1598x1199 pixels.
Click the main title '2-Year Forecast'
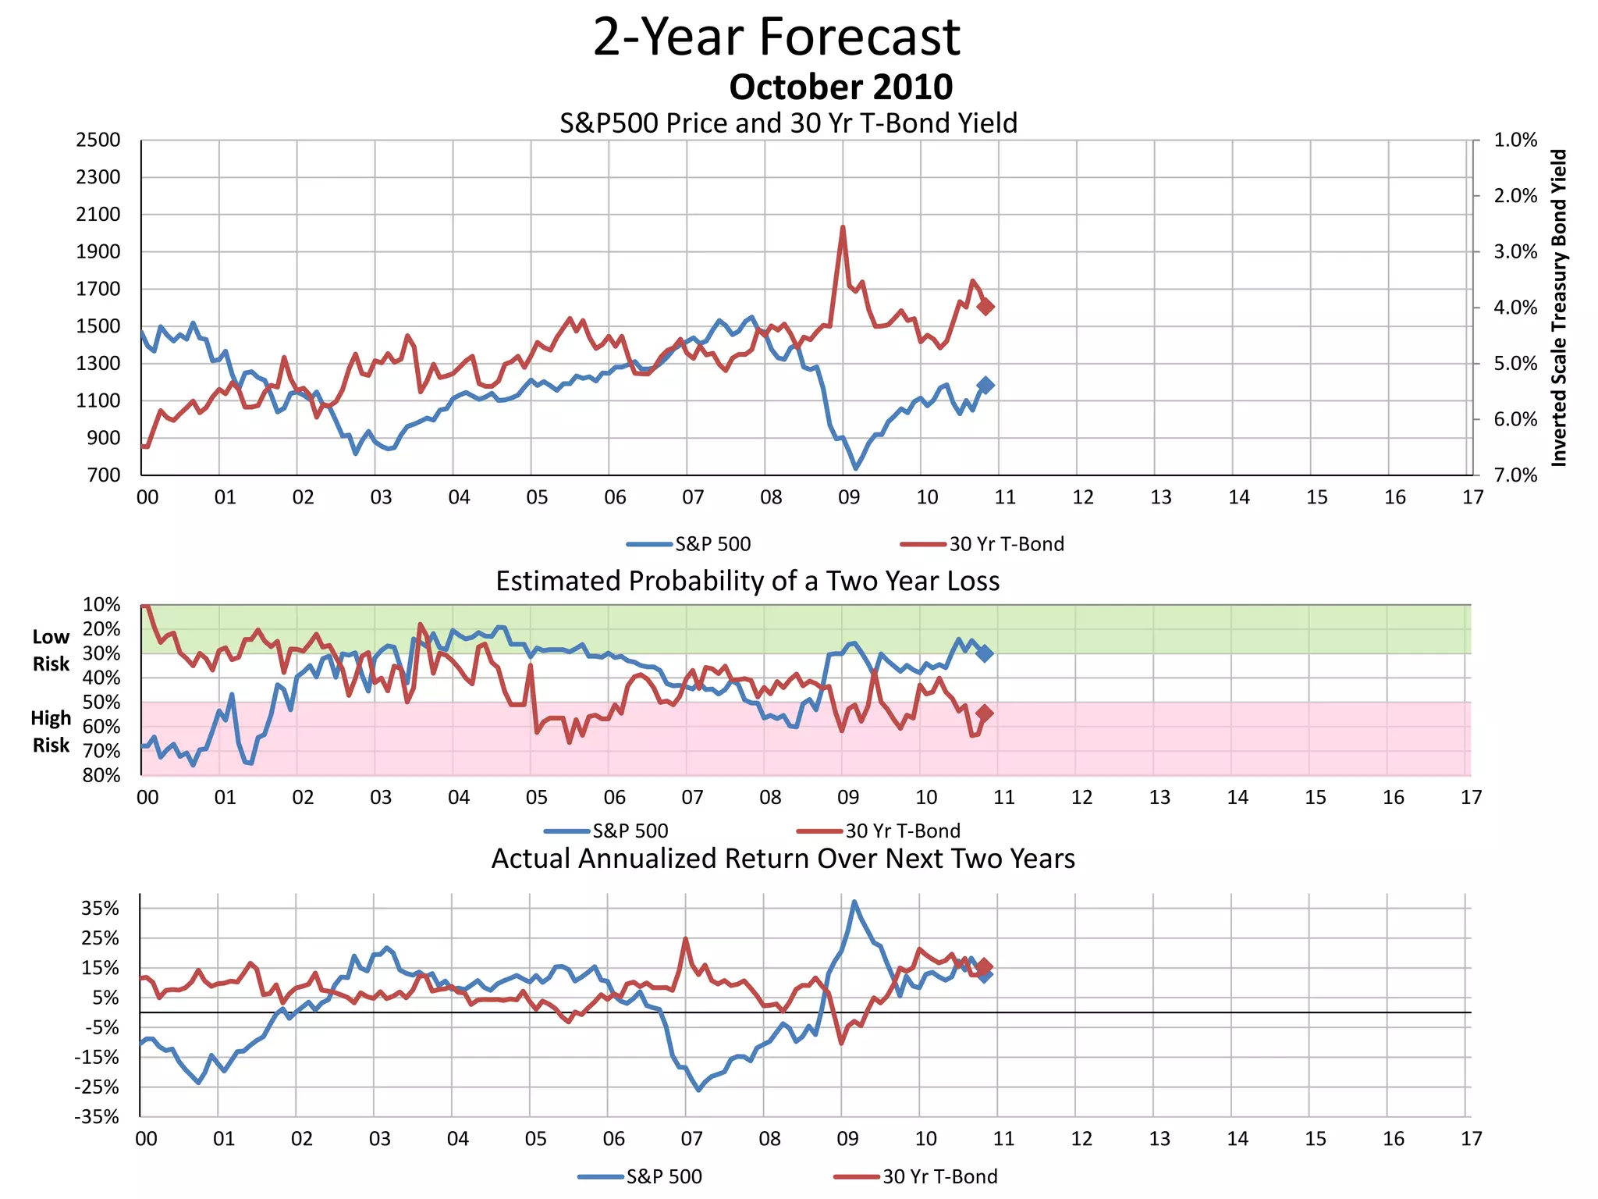(776, 37)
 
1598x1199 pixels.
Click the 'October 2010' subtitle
(840, 87)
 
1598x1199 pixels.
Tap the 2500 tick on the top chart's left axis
(98, 141)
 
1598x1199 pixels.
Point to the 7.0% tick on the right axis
(1515, 475)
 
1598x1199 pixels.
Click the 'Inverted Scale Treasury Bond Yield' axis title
(1558, 308)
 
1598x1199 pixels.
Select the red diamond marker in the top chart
(985, 307)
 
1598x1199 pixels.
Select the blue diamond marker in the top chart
(985, 385)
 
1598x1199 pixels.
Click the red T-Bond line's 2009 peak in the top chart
(843, 227)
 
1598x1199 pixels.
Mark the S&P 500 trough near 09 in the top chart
(856, 468)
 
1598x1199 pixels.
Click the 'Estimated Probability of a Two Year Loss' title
(748, 582)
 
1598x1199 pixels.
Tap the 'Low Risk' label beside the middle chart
(51, 650)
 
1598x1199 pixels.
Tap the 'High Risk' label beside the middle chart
(51, 731)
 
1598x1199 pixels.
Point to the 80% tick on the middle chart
(101, 775)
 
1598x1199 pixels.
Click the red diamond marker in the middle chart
(985, 713)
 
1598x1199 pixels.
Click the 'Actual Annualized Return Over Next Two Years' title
(783, 859)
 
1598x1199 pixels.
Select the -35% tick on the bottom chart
(97, 1117)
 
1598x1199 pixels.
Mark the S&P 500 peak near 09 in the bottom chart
(854, 902)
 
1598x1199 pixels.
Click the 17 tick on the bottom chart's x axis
(1471, 1139)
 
